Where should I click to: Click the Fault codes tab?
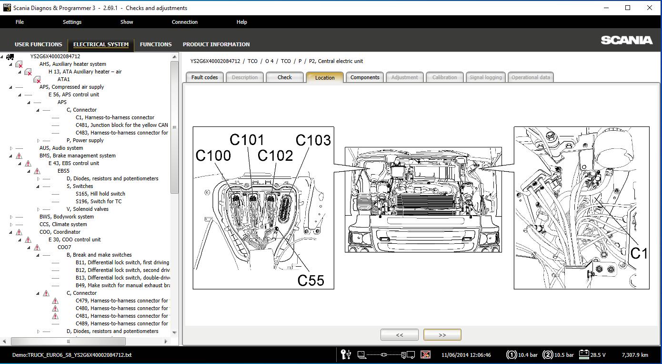[x=204, y=77]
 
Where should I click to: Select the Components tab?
[x=365, y=77]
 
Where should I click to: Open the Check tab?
[x=284, y=77]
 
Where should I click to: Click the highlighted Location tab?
[x=325, y=78]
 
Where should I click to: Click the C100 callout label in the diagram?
[x=213, y=156]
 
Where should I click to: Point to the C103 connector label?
[x=313, y=140]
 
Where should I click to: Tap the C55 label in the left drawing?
[x=311, y=280]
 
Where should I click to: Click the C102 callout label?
[x=275, y=156]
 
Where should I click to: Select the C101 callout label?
[x=247, y=140]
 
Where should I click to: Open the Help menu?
[x=241, y=22]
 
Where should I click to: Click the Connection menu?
[x=185, y=22]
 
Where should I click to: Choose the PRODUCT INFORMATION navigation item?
[x=216, y=44]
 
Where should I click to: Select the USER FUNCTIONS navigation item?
[x=39, y=44]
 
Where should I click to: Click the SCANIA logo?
[x=626, y=41]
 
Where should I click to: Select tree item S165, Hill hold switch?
[x=100, y=194]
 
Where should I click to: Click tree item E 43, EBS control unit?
[x=74, y=163]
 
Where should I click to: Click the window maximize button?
[x=628, y=8]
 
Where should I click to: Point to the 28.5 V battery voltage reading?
[x=598, y=355]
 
